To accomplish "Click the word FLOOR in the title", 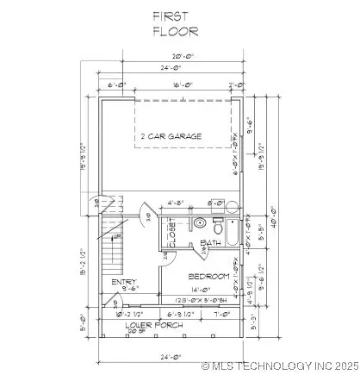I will tap(176, 32).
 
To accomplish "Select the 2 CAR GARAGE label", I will tap(171, 136).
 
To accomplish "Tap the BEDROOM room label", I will tap(210, 276).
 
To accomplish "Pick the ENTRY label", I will tap(118, 282).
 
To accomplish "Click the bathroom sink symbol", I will tap(200, 223).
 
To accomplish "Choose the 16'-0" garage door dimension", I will tap(177, 84).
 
